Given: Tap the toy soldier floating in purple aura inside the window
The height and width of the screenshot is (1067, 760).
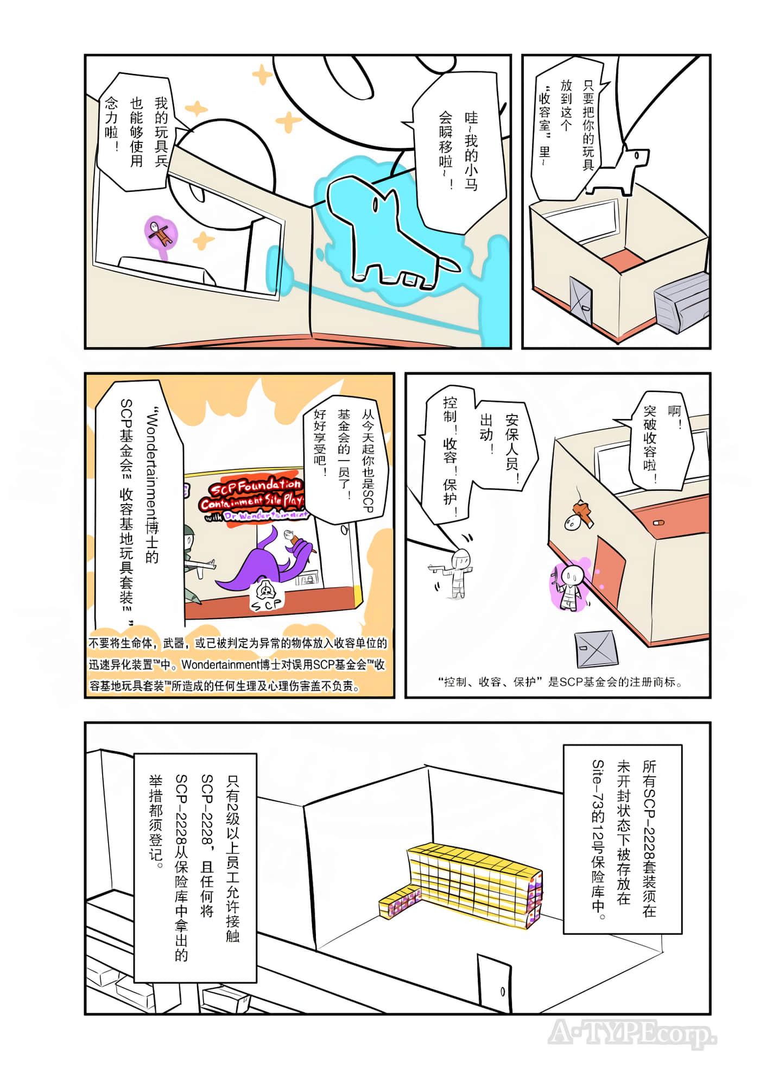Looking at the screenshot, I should (x=161, y=234).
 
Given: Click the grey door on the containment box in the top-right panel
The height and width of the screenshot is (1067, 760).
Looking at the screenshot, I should (x=581, y=300).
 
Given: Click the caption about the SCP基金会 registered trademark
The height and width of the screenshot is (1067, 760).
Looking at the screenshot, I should (x=559, y=682).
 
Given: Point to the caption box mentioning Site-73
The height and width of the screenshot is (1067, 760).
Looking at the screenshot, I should (x=623, y=839).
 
